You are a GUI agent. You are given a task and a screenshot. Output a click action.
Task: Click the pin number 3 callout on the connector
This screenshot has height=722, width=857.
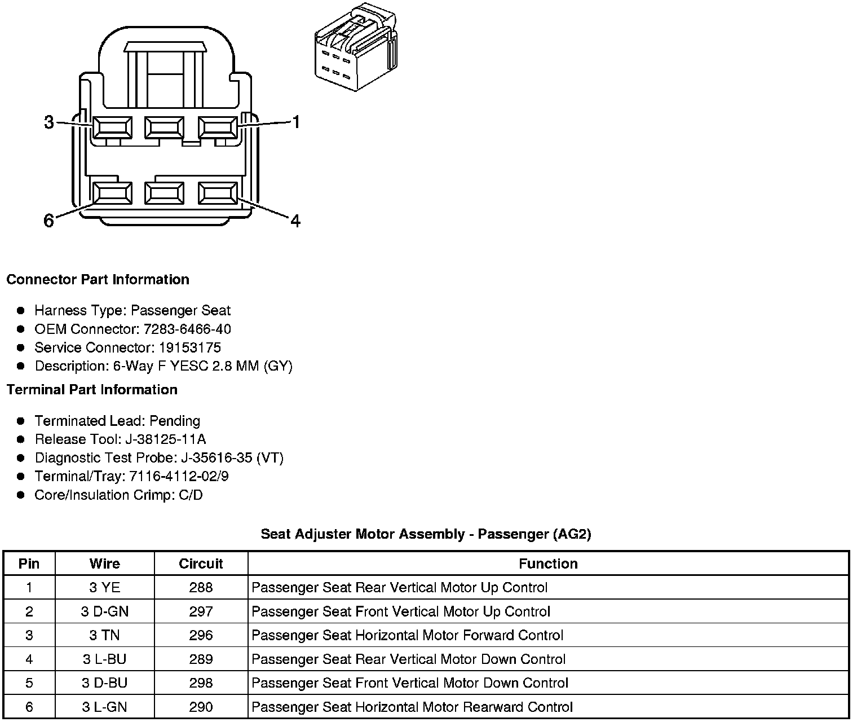click(49, 122)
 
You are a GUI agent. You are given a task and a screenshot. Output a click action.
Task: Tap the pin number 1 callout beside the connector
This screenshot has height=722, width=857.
click(295, 122)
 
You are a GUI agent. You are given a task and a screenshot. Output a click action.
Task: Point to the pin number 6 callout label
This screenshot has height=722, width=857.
click(49, 221)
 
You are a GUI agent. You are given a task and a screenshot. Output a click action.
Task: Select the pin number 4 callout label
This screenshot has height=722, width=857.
click(295, 221)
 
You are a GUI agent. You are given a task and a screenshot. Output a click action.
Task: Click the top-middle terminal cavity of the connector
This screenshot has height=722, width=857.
click(164, 127)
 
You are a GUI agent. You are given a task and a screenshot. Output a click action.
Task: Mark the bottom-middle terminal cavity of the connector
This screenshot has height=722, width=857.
click(164, 193)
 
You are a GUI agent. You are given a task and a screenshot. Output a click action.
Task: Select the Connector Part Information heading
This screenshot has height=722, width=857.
click(98, 280)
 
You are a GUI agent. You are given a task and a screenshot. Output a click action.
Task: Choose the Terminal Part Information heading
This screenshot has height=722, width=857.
click(92, 390)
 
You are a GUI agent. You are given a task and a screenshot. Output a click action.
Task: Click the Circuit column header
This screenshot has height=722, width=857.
click(201, 563)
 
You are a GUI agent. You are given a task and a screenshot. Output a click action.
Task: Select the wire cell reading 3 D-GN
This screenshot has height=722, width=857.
click(105, 611)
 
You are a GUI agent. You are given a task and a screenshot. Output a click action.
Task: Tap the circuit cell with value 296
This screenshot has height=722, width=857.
click(201, 635)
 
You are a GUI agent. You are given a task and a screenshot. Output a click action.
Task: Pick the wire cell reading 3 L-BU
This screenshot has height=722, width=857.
click(105, 659)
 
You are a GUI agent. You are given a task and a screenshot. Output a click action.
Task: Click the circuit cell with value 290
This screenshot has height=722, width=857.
click(201, 707)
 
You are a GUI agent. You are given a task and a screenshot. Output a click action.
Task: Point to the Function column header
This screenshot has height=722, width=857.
click(548, 563)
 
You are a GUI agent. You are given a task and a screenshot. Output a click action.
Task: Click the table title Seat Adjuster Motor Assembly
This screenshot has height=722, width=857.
click(426, 534)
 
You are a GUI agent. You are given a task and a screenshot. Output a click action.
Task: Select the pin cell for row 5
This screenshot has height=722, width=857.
click(29, 683)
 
